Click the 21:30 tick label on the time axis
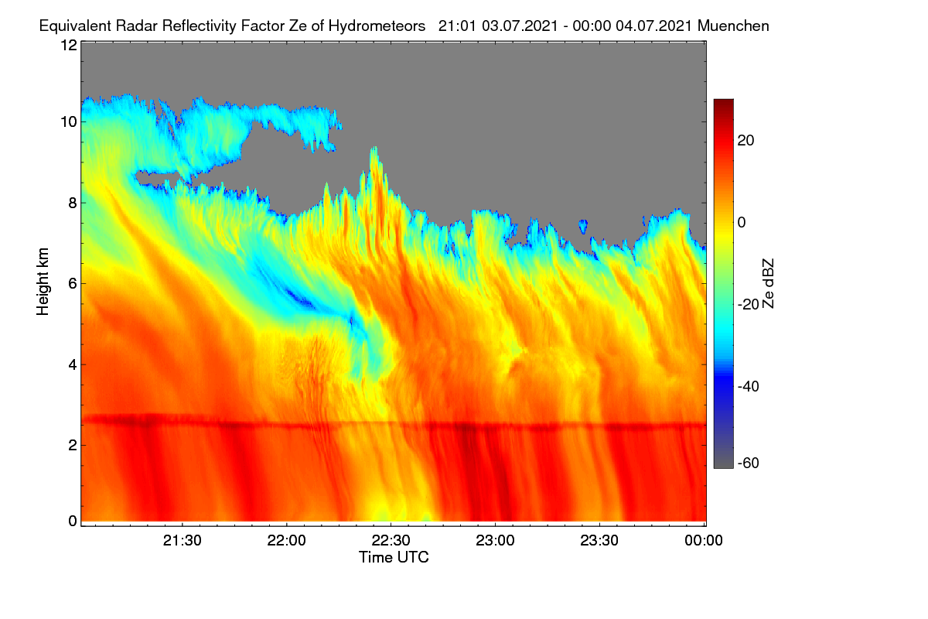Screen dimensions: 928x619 [183, 541]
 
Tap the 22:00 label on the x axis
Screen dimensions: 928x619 [287, 541]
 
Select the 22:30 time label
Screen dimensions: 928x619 [391, 541]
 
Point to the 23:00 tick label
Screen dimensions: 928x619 [495, 541]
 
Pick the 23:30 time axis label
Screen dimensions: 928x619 [599, 541]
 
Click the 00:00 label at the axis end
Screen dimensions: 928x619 [704, 541]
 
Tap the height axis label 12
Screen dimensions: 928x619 [69, 45]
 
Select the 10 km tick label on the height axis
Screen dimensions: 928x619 [69, 122]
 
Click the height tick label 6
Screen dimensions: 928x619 [73, 284]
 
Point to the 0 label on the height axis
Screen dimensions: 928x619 [73, 522]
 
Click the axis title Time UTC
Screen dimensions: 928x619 [394, 557]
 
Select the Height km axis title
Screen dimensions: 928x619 [43, 282]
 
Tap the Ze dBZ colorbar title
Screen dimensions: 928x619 [768, 284]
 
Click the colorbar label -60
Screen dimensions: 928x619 [749, 463]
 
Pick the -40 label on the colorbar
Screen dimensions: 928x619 [749, 386]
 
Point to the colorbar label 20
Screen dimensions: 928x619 [745, 141]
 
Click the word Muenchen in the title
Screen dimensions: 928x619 [733, 26]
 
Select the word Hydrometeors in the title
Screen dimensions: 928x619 [377, 26]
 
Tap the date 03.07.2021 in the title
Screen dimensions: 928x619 [520, 26]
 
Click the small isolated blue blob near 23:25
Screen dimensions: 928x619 [583, 227]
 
